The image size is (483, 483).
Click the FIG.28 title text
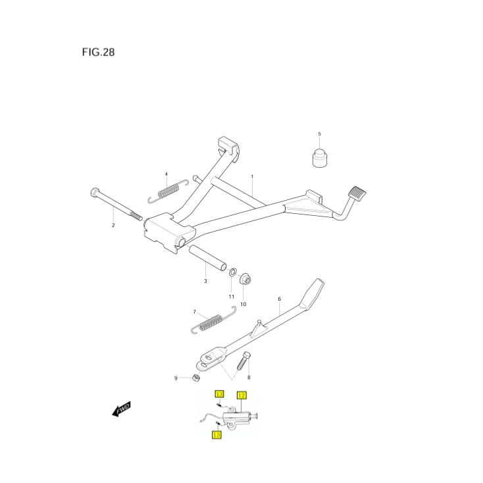pyautogui.click(x=98, y=53)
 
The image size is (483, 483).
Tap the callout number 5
pyautogui.click(x=320, y=134)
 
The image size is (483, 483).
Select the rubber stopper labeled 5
pyautogui.click(x=320, y=159)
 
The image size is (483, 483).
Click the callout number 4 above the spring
pyautogui.click(x=166, y=174)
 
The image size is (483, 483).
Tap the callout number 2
pyautogui.click(x=113, y=225)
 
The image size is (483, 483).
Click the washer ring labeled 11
pyautogui.click(x=233, y=272)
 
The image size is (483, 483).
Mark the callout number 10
pyautogui.click(x=243, y=304)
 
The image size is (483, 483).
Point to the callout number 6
pyautogui.click(x=279, y=299)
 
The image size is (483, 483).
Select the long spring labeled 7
pyautogui.click(x=209, y=322)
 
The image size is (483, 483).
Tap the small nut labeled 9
pyautogui.click(x=195, y=378)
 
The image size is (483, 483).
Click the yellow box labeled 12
pyautogui.click(x=241, y=395)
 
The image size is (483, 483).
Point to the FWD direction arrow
pyautogui.click(x=121, y=411)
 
